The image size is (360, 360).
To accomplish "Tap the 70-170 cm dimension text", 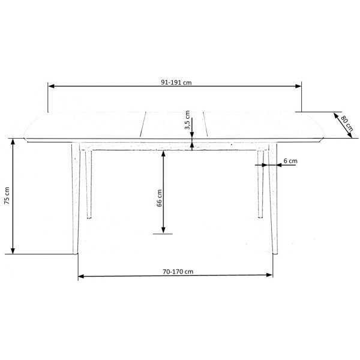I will coord(178,271).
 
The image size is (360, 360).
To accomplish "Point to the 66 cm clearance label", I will coord(160,198).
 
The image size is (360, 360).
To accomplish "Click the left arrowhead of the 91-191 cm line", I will coord(52,86).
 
